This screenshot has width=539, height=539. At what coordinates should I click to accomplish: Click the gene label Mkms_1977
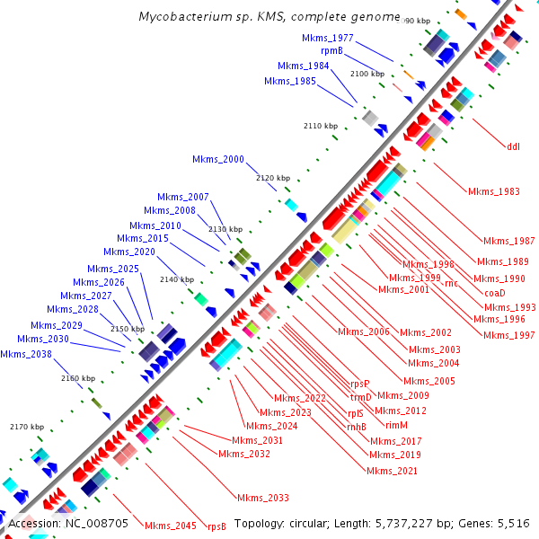[328, 39]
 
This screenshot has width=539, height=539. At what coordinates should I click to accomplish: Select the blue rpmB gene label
[331, 51]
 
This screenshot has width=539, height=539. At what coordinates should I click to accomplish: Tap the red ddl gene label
[513, 146]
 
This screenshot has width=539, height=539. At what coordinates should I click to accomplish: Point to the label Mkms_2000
[217, 159]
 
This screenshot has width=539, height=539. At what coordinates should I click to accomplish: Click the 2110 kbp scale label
[321, 126]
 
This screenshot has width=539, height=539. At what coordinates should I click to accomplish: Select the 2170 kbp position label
[26, 427]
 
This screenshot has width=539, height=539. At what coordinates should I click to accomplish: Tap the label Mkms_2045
[170, 526]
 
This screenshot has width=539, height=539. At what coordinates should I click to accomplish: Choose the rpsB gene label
[216, 526]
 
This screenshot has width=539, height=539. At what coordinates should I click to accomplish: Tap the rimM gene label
[397, 425]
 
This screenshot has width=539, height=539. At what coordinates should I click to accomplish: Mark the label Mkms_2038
[26, 354]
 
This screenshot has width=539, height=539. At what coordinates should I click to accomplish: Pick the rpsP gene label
[359, 384]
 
